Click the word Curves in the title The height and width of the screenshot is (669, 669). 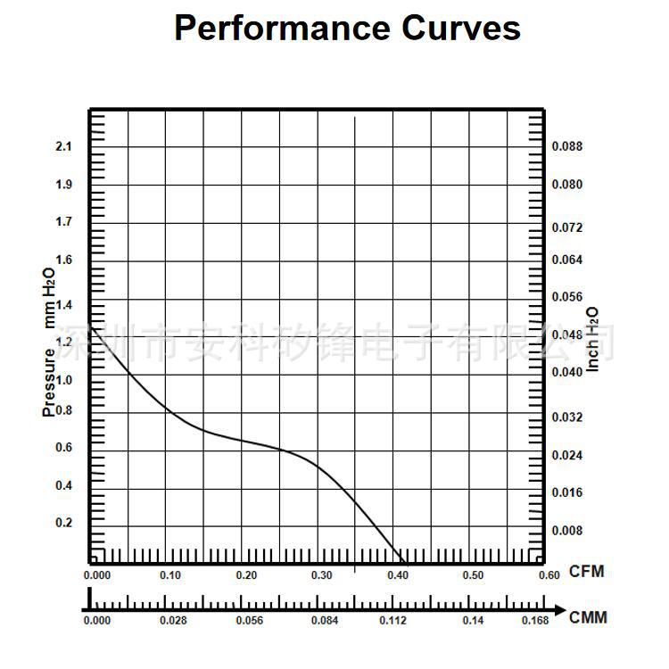coord(461,28)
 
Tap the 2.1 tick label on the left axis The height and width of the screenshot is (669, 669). coord(63,146)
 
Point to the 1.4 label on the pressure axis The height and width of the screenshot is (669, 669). coord(63,304)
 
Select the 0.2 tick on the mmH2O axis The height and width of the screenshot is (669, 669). coord(63,523)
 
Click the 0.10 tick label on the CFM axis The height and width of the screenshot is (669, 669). coord(169,575)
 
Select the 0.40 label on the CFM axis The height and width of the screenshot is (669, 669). coord(398,575)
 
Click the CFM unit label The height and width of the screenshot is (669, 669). coord(586,572)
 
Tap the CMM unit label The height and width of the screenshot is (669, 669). coord(588,617)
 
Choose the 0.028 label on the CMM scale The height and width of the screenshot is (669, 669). coord(173,620)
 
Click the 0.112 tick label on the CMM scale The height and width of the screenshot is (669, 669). coord(392,620)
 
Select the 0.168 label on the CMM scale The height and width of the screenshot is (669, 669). coord(535,620)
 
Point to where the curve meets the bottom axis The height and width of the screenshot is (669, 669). coord(394,563)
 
